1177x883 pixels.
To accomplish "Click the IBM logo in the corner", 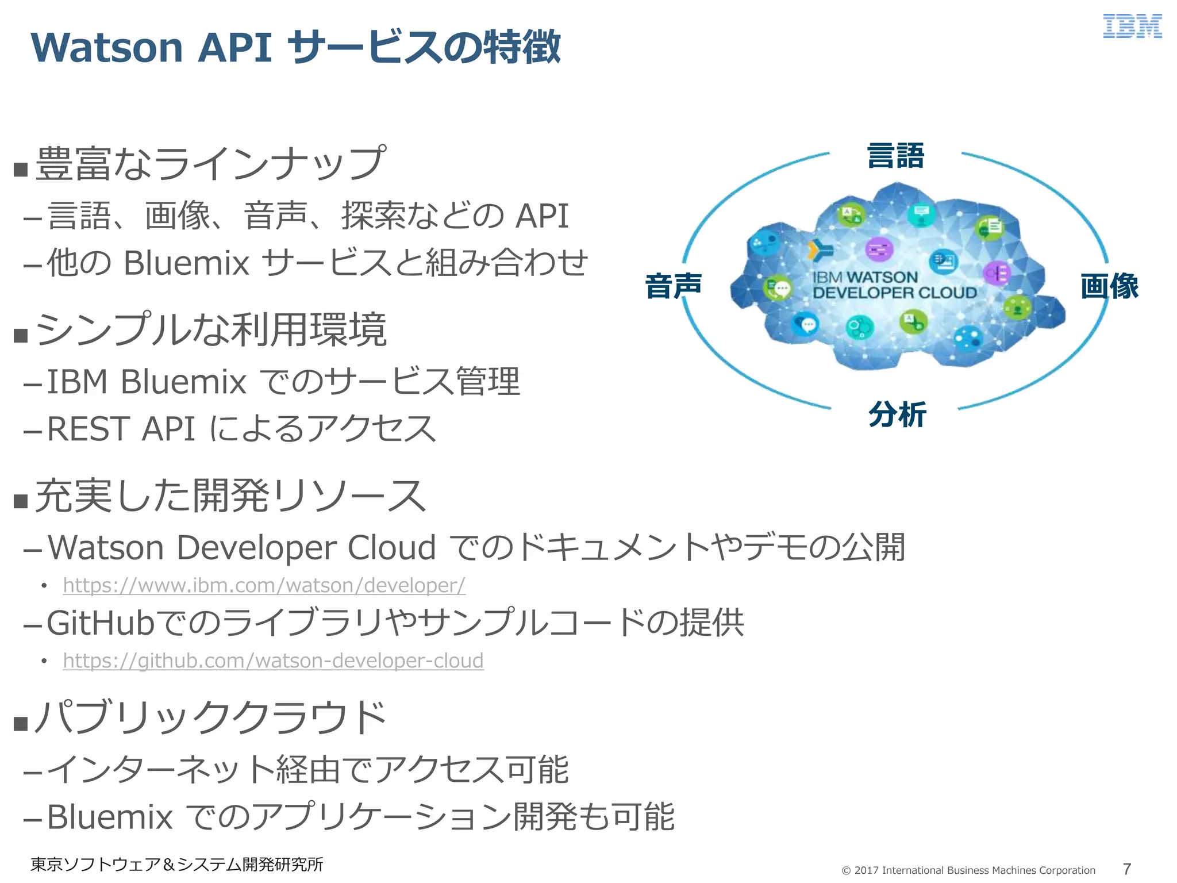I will click(1132, 26).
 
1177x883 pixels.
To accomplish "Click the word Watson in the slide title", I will click(106, 47).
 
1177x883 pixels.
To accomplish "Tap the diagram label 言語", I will click(895, 156).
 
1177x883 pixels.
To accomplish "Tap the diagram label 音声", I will click(674, 286).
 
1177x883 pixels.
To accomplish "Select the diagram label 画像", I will click(1109, 286).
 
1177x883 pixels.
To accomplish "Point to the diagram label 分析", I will click(897, 414).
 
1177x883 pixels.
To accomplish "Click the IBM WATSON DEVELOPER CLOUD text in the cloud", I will click(894, 285).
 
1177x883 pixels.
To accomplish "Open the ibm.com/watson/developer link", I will click(264, 585).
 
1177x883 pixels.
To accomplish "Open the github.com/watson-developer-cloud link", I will click(273, 661).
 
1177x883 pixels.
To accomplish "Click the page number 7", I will click(1126, 869).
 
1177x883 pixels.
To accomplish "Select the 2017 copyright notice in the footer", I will click(968, 870).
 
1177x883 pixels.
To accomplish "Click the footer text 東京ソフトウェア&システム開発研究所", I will click(176, 864).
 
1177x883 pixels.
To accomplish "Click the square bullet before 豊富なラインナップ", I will click(21, 170).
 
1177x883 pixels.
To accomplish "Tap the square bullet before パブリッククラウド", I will click(21, 723).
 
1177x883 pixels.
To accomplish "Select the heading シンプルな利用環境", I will click(211, 330).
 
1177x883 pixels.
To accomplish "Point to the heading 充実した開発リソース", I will click(230, 496).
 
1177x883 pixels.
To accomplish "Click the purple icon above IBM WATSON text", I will click(879, 249).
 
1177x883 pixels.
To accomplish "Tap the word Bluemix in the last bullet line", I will click(109, 817).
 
